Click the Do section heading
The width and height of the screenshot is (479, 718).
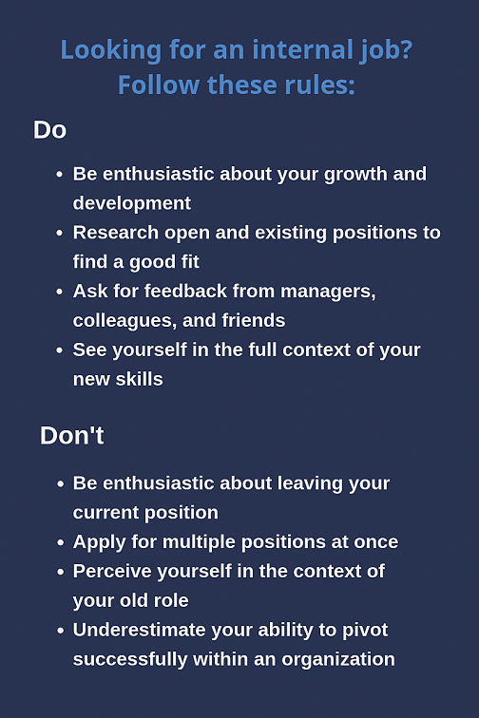point(50,130)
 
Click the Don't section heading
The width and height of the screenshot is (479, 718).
point(72,435)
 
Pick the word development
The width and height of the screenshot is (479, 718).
point(132,204)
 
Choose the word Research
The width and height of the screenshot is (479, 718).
point(116,232)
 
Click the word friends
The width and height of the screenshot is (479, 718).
point(254,320)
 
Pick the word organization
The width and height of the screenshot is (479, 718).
point(338,660)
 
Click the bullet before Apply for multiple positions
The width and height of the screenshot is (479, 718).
point(60,542)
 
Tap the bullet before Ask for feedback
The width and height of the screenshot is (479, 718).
point(59,292)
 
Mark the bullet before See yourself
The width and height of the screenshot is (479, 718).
point(59,350)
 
